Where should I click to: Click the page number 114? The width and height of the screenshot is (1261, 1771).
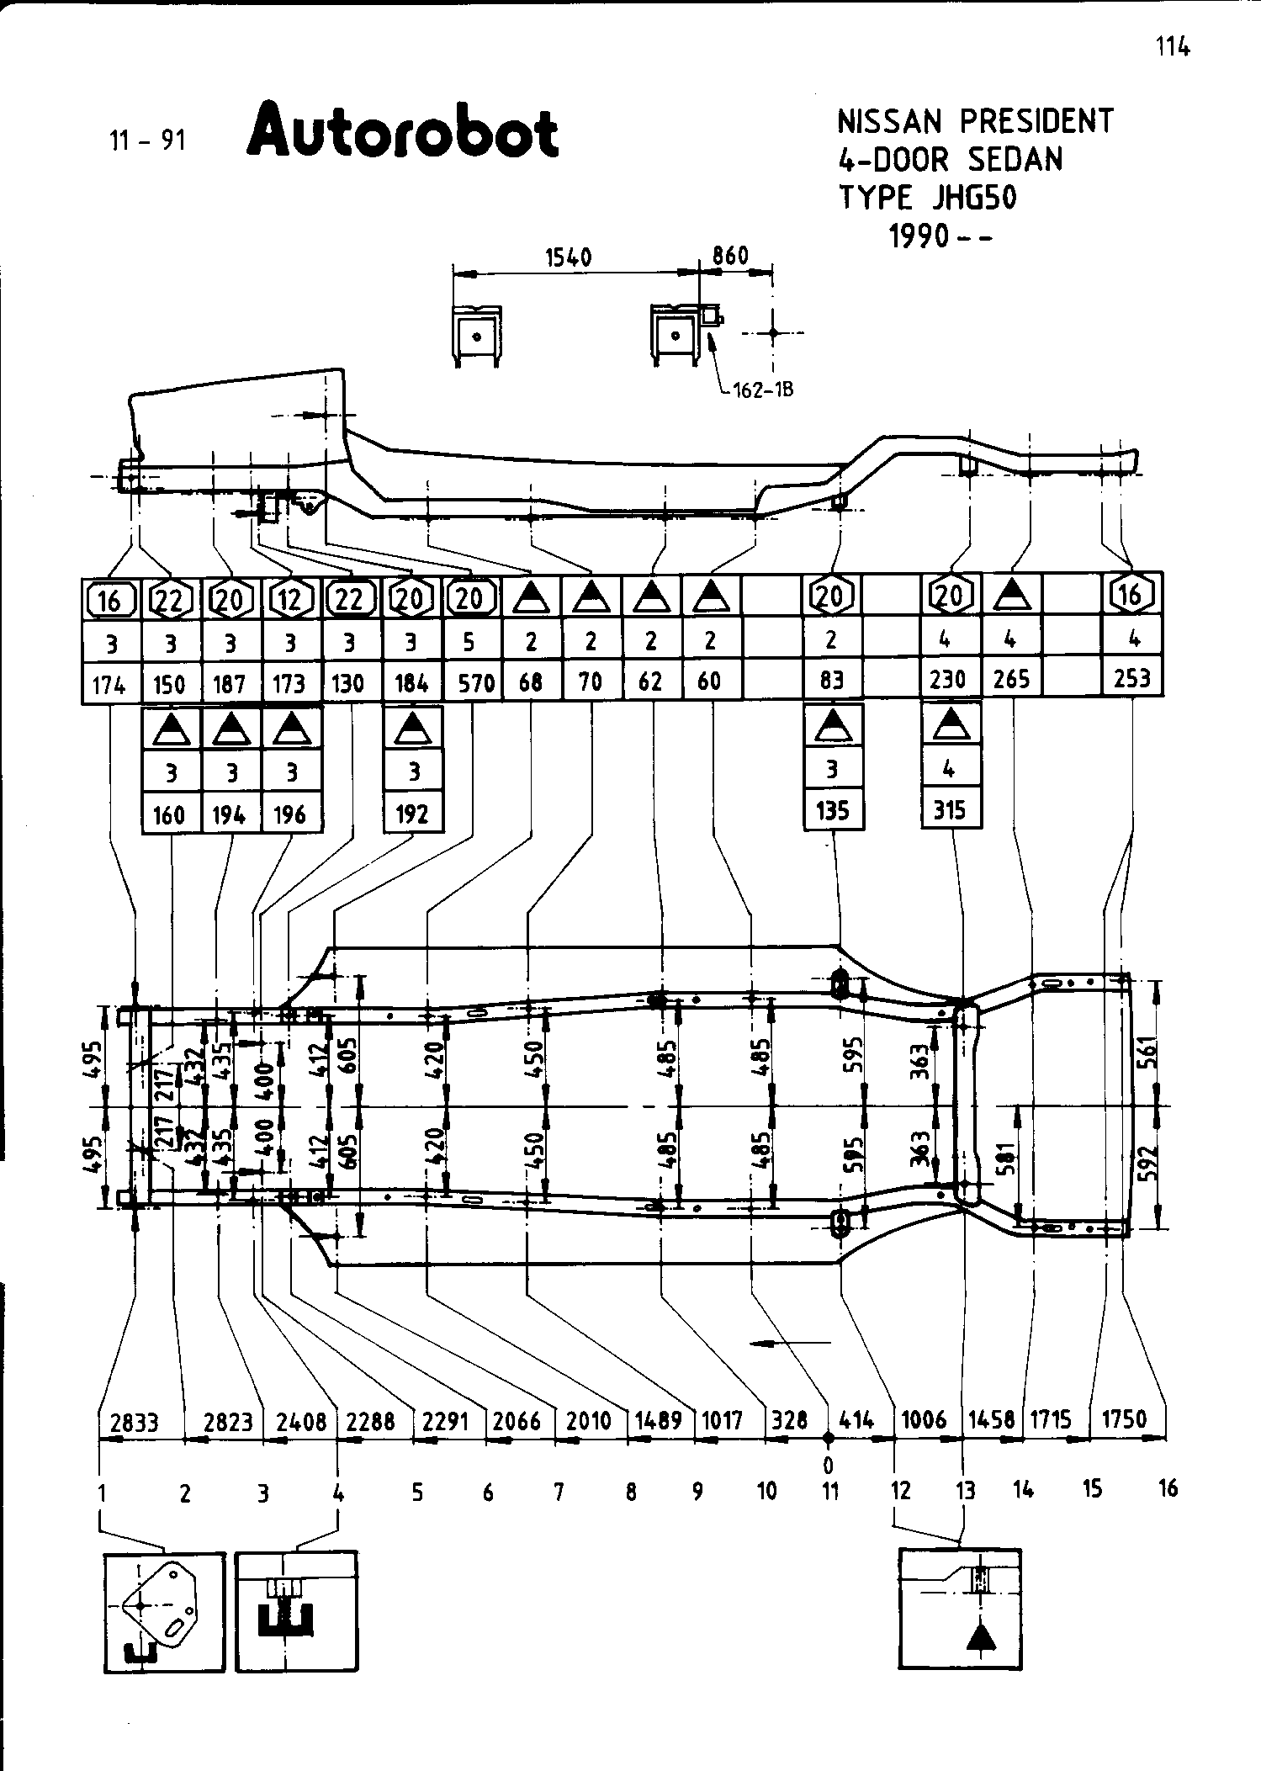click(x=1173, y=47)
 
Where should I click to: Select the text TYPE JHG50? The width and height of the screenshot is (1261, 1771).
click(x=927, y=198)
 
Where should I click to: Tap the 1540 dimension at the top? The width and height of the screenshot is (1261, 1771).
click(x=569, y=257)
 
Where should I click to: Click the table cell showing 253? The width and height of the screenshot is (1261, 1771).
click(x=1131, y=678)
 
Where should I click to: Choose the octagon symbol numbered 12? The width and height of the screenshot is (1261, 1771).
click(x=289, y=598)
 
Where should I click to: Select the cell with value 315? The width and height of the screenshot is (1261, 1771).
click(x=951, y=810)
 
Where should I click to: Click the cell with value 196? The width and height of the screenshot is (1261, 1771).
click(x=290, y=814)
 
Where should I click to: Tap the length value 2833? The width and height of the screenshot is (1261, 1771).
click(x=135, y=1423)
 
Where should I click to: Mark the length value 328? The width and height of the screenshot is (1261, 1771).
click(x=789, y=1421)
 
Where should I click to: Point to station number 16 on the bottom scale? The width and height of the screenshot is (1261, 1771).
click(x=1168, y=1488)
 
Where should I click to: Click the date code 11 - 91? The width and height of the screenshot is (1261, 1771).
click(x=147, y=140)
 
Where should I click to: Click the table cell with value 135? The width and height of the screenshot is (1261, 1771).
click(x=833, y=810)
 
